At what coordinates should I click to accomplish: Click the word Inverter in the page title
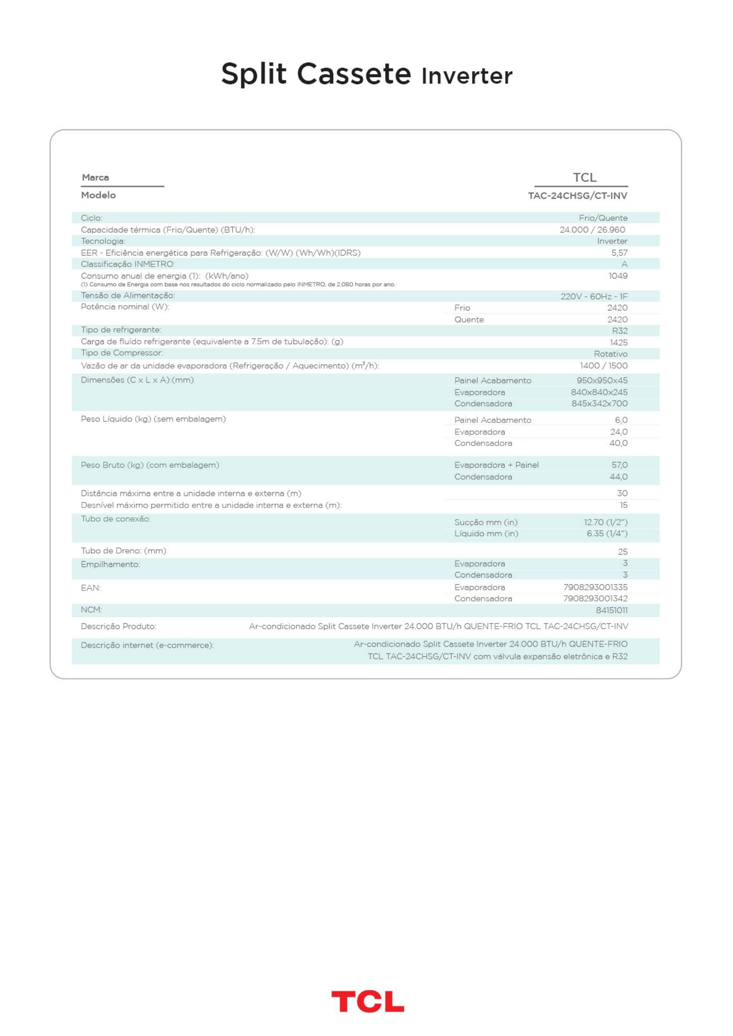[467, 76]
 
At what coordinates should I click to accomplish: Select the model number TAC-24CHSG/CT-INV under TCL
[578, 196]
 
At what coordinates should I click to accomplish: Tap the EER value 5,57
[619, 252]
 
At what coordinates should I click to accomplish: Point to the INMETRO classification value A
[624, 264]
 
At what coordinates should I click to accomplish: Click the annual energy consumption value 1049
[618, 275]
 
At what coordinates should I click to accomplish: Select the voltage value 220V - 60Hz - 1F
[594, 296]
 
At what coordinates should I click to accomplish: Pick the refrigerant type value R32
[620, 331]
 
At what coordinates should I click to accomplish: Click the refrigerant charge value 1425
[618, 342]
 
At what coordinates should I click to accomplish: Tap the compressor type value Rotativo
[611, 354]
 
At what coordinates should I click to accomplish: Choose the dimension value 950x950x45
[602, 380]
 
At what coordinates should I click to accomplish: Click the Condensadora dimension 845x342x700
[600, 404]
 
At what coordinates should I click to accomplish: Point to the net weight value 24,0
[619, 432]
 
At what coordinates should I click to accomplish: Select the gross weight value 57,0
[619, 465]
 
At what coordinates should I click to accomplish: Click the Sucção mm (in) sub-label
[486, 523]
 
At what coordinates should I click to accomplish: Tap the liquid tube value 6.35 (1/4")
[607, 534]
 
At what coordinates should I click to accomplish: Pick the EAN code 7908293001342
[595, 598]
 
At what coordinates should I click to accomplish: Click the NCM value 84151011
[612, 610]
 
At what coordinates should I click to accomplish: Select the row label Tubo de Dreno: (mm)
[124, 551]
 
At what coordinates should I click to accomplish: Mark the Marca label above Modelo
[95, 177]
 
